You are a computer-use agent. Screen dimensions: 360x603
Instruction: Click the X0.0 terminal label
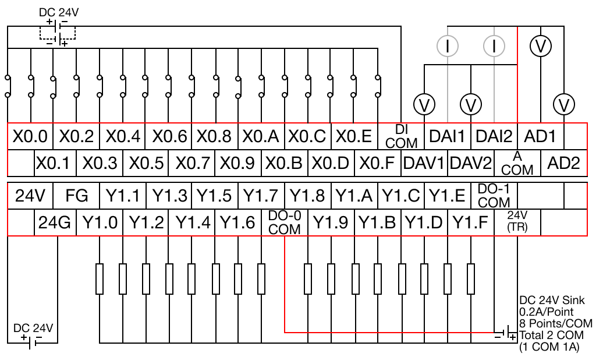(x=30, y=136)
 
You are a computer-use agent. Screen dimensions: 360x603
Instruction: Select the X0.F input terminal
(x=378, y=163)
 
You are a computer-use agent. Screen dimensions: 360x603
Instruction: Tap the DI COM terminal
(x=401, y=136)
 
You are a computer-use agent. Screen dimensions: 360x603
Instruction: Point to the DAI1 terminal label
(x=447, y=136)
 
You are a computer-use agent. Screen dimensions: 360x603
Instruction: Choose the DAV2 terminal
(x=470, y=163)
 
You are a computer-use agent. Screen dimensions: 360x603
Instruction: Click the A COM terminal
(x=517, y=163)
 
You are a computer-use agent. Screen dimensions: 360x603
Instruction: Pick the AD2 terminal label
(x=564, y=163)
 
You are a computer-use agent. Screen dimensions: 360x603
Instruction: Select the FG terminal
(x=77, y=196)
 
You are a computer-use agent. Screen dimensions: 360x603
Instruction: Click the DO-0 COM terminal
(x=285, y=223)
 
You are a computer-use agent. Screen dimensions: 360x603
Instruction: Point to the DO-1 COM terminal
(x=494, y=196)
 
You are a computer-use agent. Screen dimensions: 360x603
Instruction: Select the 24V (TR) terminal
(x=517, y=223)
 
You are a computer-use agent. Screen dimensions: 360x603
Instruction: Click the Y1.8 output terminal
(x=308, y=196)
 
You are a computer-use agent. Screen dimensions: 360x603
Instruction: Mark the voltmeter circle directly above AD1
(x=541, y=47)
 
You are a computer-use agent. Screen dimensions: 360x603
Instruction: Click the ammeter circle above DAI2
(x=494, y=47)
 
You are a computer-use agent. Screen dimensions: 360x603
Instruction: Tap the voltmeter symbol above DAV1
(x=424, y=105)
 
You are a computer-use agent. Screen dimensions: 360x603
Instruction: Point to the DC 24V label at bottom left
(x=33, y=328)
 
